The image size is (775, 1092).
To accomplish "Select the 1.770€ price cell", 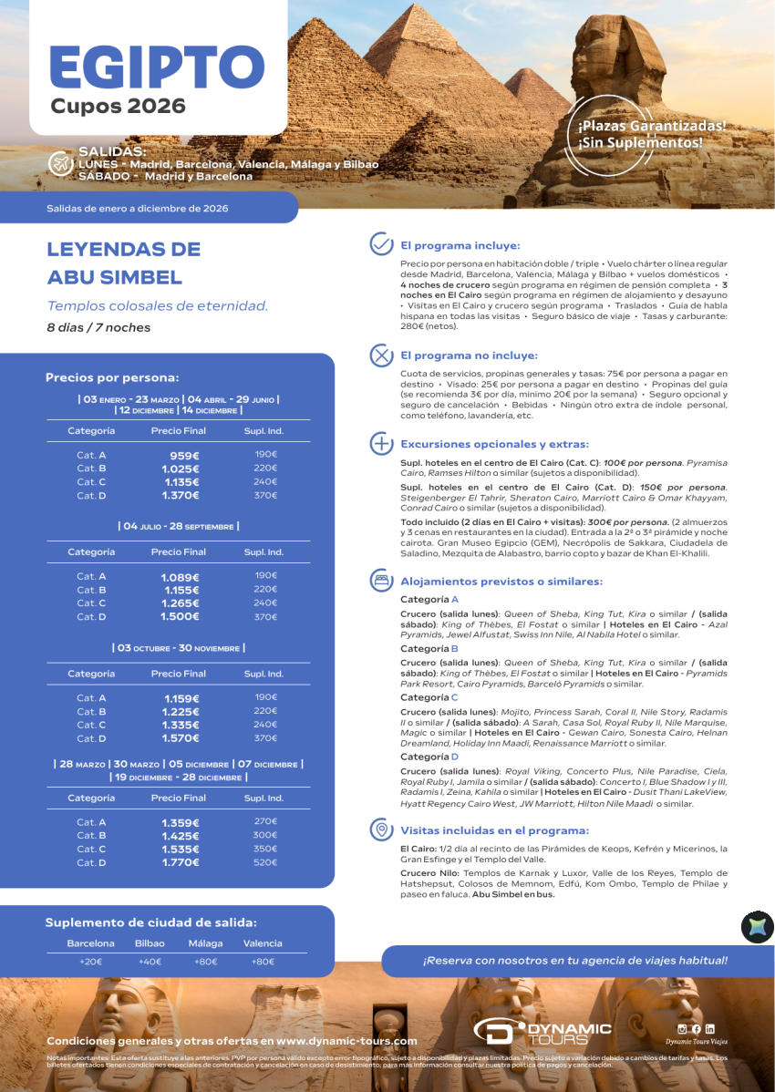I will click(x=181, y=862).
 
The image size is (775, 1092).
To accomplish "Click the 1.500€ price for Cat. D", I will click(x=181, y=616).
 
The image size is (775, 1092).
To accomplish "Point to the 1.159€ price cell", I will click(x=181, y=698).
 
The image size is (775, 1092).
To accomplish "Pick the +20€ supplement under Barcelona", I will click(x=90, y=961).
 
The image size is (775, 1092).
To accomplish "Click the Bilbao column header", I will click(x=150, y=943).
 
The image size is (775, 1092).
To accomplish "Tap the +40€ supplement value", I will click(x=150, y=961).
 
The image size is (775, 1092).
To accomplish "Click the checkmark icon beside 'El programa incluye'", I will click(x=380, y=244).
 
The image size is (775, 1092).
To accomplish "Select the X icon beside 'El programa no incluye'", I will click(x=380, y=355).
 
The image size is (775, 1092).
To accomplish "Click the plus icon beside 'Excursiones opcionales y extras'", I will click(x=380, y=444).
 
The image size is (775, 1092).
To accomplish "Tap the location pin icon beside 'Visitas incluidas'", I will click(x=380, y=829).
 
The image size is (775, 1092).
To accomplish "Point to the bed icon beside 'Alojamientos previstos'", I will click(x=380, y=581).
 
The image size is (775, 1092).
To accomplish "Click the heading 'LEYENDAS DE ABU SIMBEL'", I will click(x=123, y=263).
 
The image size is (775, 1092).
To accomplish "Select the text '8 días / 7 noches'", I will click(x=98, y=327).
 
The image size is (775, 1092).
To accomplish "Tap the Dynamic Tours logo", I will click(x=542, y=1031).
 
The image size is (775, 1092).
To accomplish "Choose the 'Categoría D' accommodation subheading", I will click(x=429, y=757).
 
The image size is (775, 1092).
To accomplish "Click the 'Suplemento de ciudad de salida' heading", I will click(x=151, y=922).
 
